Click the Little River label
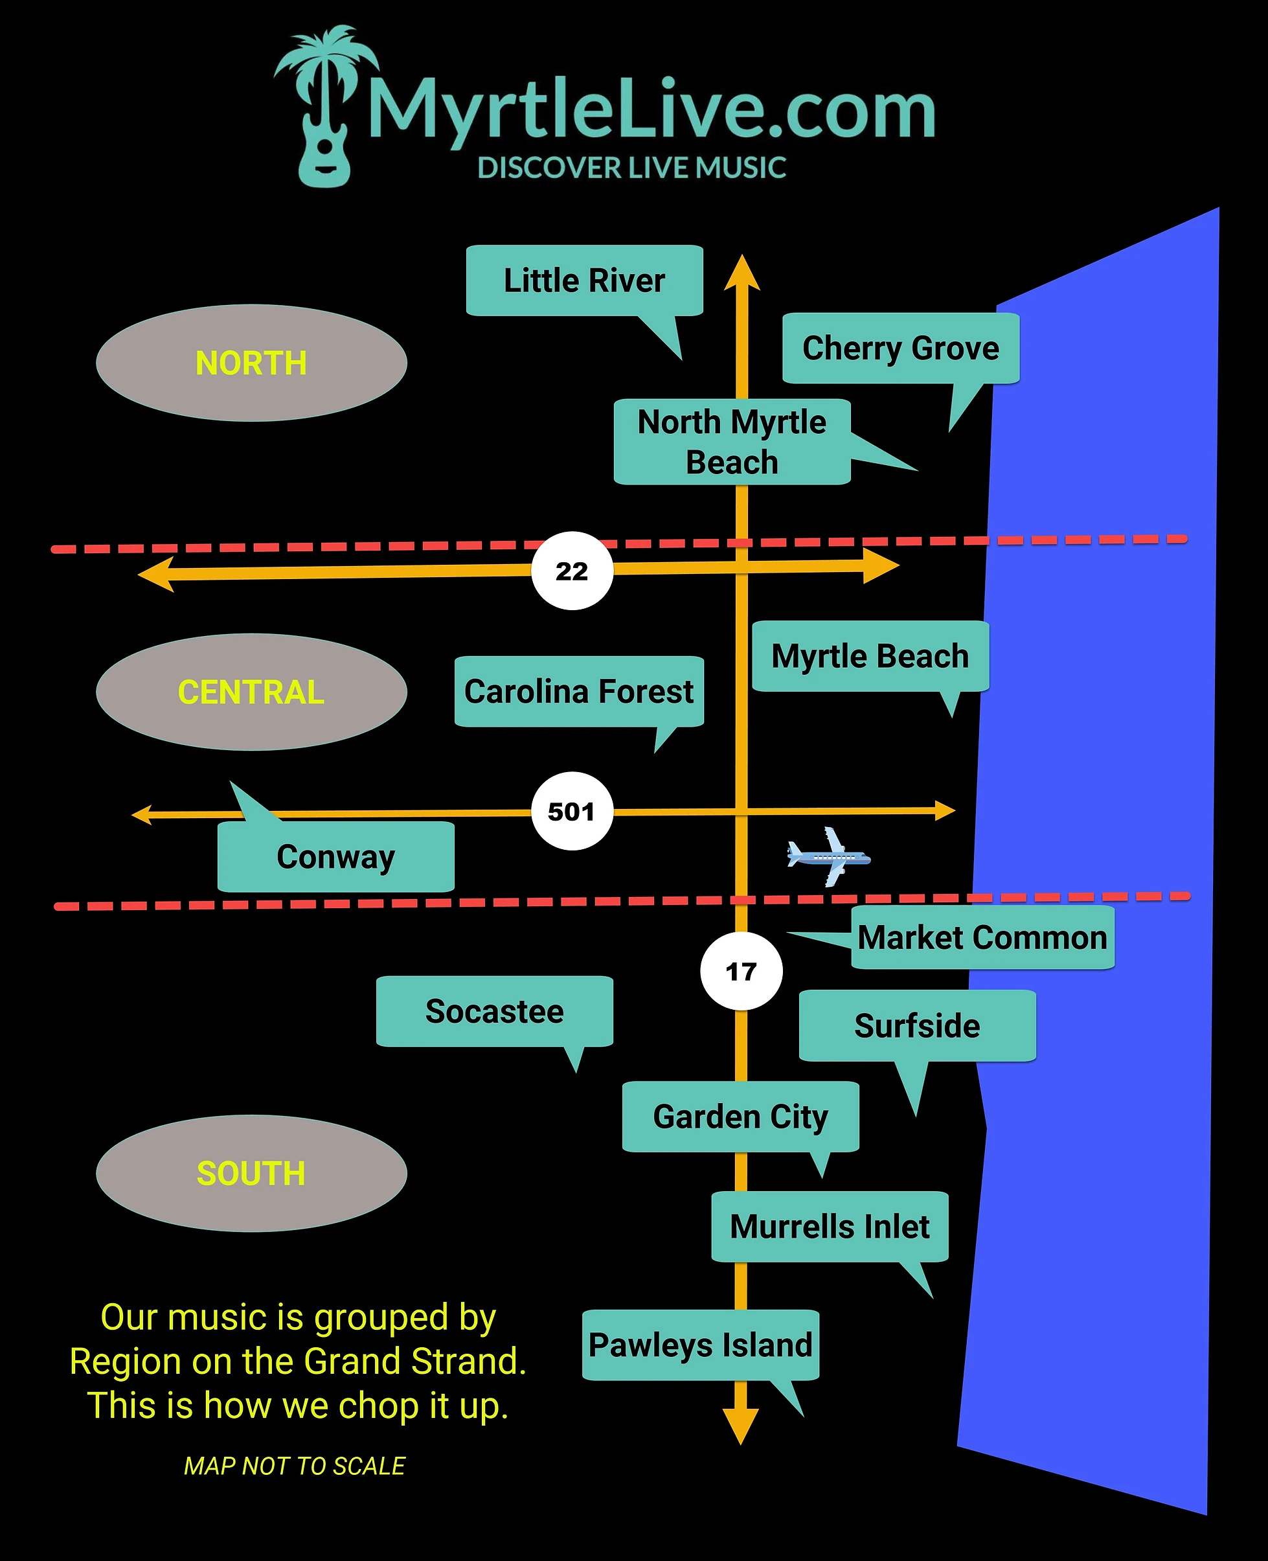[x=584, y=280]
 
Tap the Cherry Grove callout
[x=901, y=348]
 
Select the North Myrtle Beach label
[x=732, y=442]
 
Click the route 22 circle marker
[x=572, y=571]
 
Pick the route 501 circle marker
[x=572, y=812]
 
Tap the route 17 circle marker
[x=742, y=972]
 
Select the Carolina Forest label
[x=578, y=692]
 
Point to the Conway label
[x=336, y=857]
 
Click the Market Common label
[x=982, y=938]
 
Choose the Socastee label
[x=495, y=1012]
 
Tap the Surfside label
[x=918, y=1025]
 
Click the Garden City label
[x=741, y=1117]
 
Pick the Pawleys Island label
[x=701, y=1345]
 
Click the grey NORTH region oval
[x=251, y=363]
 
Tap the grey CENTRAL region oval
[x=251, y=692]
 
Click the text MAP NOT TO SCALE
[x=295, y=1466]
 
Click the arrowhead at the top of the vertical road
[x=742, y=273]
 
